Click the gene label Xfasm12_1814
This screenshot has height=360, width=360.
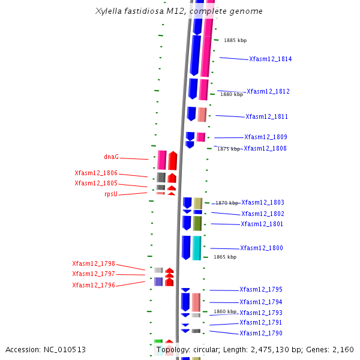270,59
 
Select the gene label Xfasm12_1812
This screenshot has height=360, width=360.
268,92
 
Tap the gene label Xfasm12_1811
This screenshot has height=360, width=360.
266,117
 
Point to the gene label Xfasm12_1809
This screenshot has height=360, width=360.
265,137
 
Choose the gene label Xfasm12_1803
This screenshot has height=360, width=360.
263,203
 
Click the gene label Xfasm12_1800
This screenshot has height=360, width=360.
261,248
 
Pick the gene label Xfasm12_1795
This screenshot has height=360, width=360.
260,290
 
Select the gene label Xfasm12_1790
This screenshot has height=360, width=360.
260,334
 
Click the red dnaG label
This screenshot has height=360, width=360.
111,157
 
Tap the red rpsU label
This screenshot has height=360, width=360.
111,194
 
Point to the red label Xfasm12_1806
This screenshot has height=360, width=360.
96,173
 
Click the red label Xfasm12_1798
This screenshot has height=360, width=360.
94,263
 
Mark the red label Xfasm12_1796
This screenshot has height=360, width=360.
94,285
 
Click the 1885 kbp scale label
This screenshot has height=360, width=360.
235,41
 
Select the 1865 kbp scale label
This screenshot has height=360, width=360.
225,257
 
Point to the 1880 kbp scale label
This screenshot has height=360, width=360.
232,94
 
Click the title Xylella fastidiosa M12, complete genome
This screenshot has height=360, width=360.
179,11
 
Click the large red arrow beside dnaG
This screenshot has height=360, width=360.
173,161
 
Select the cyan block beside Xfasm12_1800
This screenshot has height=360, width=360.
197,248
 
